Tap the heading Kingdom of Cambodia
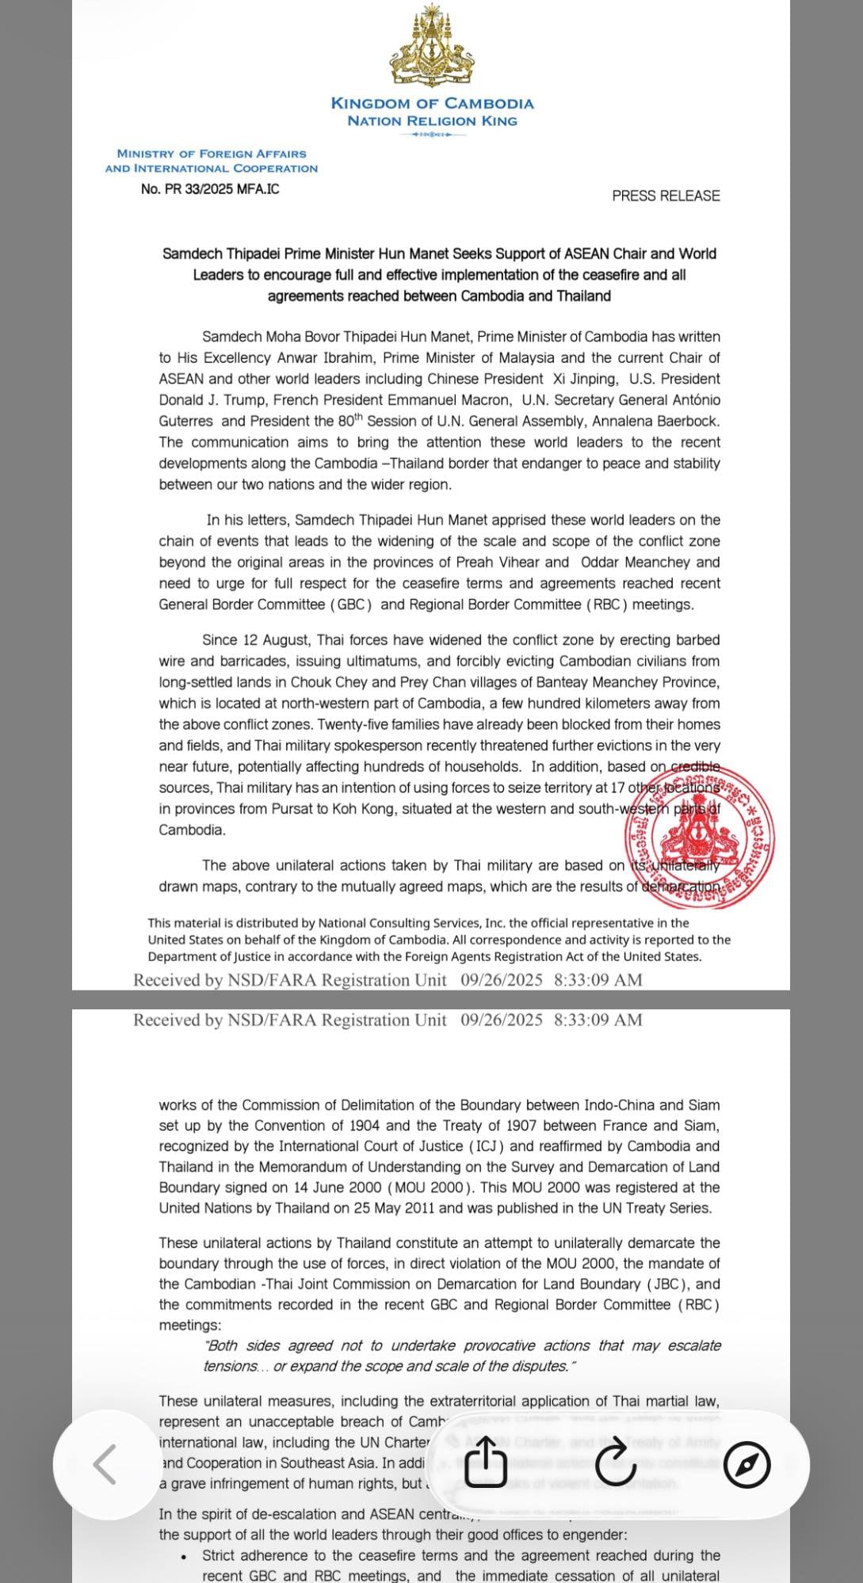432,103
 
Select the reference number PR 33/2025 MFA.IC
210,189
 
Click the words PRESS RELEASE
666,196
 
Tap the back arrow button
105,1463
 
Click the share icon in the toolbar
485,1462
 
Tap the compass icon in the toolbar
747,1464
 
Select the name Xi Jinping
581,379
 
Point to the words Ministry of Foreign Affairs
212,154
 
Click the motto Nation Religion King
432,121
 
